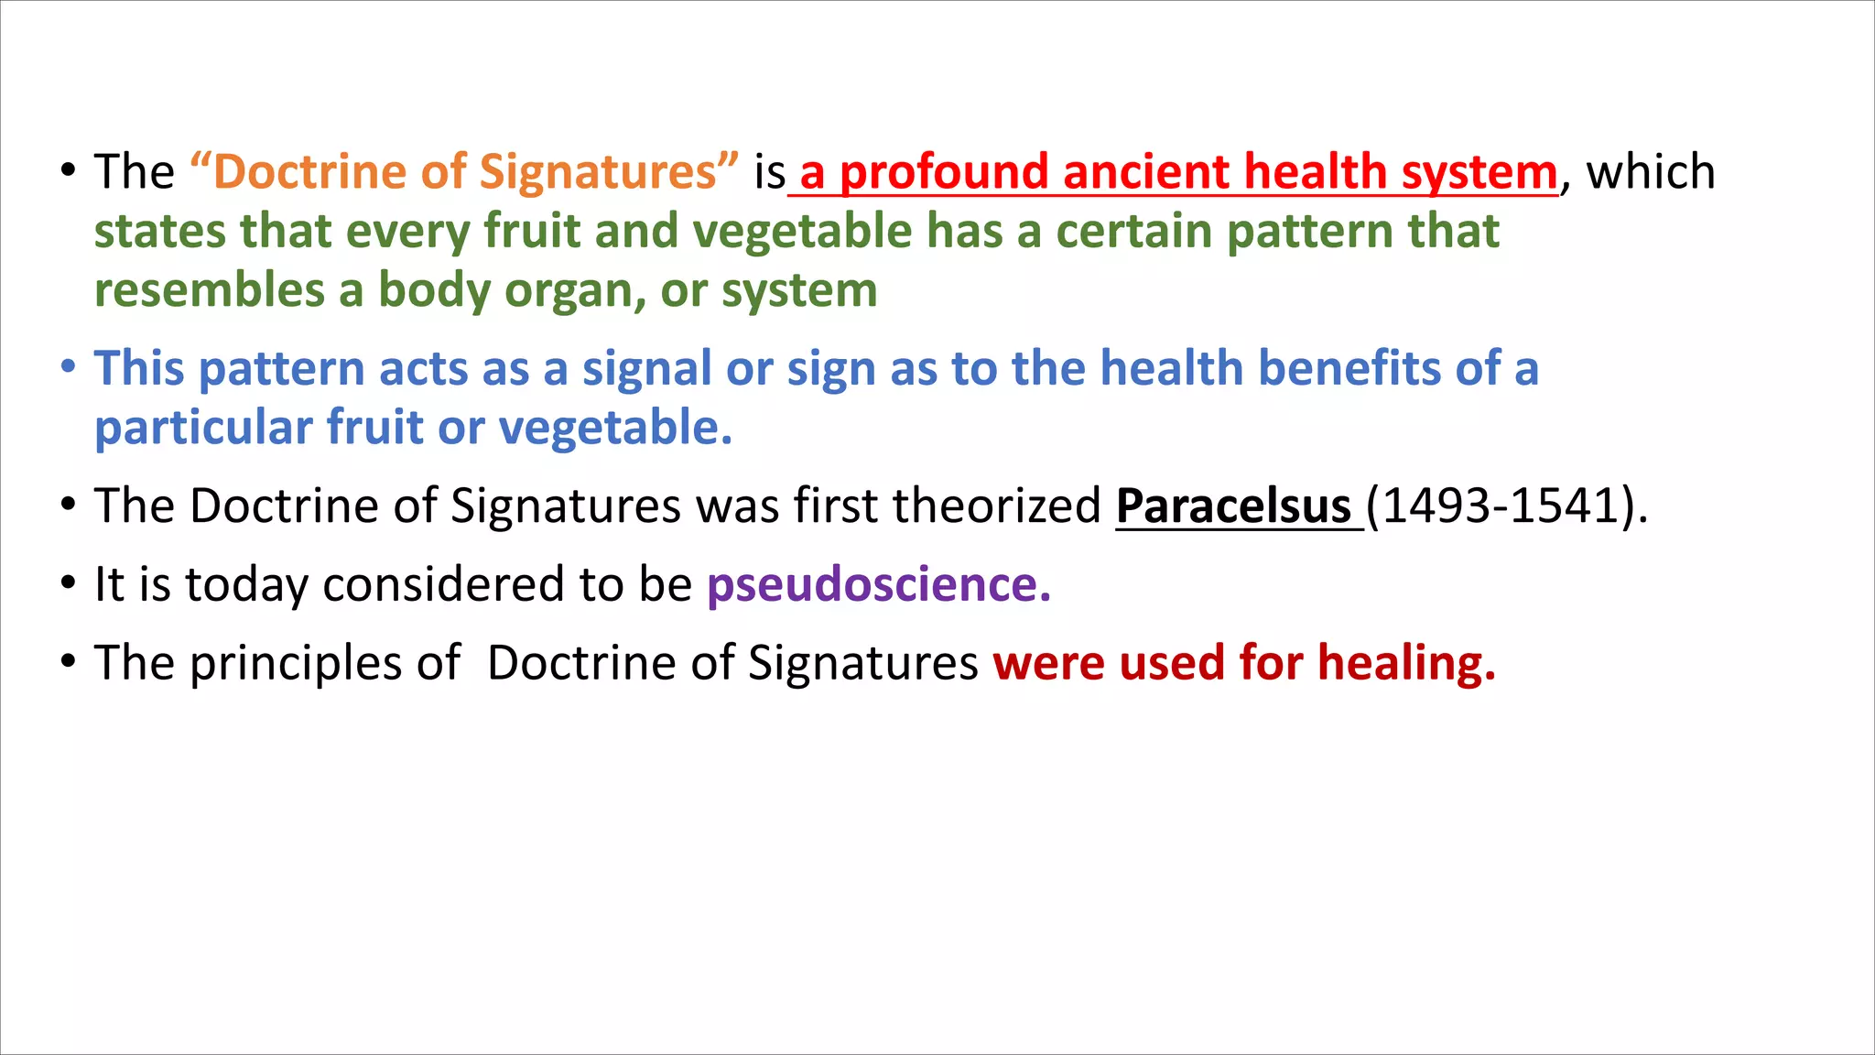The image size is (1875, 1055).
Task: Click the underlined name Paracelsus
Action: coord(1233,506)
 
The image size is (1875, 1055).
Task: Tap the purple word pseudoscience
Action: coord(878,585)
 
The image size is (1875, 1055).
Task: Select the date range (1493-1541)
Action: coord(1506,506)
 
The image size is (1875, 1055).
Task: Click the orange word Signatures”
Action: coord(609,172)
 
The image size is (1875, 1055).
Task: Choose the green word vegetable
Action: coord(802,231)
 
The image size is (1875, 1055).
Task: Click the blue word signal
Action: coord(646,368)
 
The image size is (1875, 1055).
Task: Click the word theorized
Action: coord(996,506)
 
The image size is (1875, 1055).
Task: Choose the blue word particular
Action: coord(203,428)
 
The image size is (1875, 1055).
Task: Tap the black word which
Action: coord(1650,172)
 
